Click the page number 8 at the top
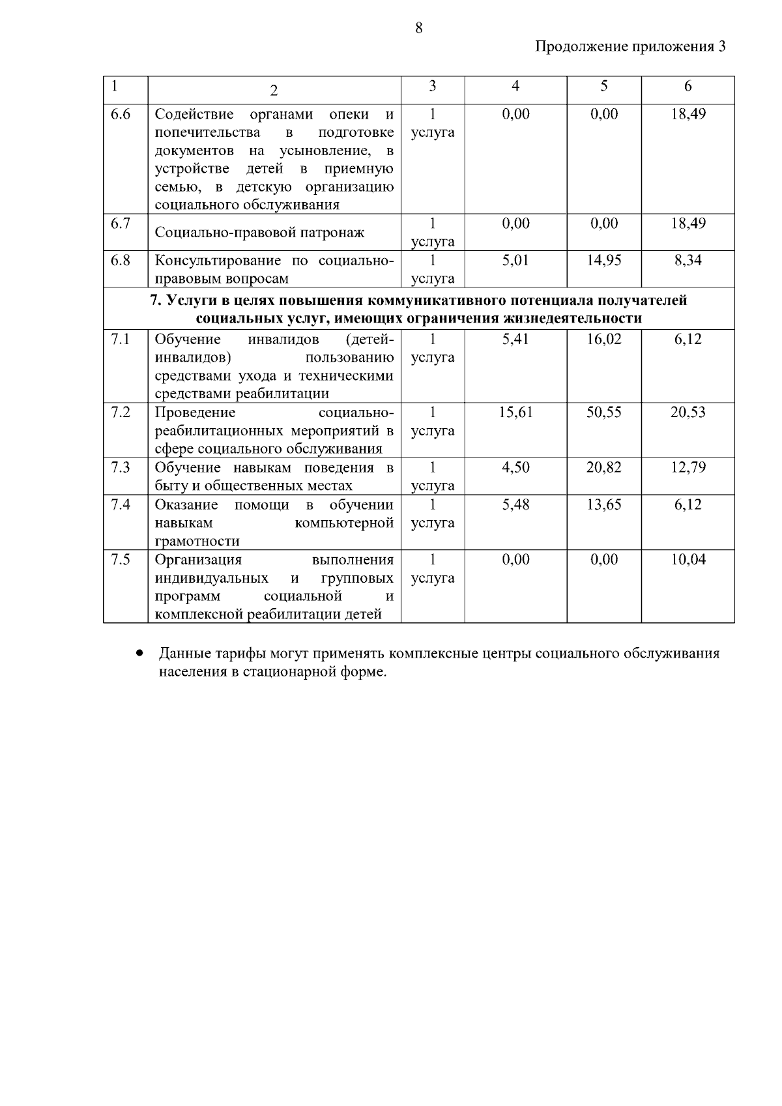pos(418,27)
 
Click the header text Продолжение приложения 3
pos(630,46)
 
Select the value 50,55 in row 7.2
pos(603,413)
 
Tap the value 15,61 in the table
pos(515,413)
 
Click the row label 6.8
pos(121,261)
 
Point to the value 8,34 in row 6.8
pos(688,261)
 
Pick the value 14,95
pos(603,261)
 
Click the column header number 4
pos(515,87)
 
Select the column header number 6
pos(688,87)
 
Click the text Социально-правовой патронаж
pos(259,233)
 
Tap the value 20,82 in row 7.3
pos(603,467)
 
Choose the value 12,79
pos(688,467)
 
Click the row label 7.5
pos(121,560)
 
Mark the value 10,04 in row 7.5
pos(688,560)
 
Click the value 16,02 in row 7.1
pos(603,340)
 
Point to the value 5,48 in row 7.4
pos(515,504)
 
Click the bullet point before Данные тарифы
pos(139,653)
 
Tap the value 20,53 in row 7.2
pos(688,413)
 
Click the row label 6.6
pos(121,115)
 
